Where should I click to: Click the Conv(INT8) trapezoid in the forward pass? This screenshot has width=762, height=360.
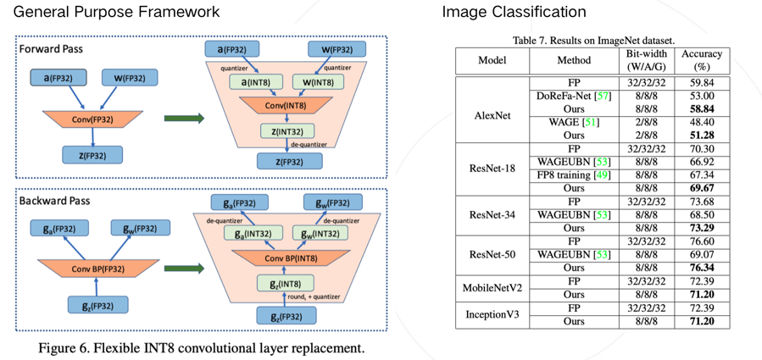pyautogui.click(x=286, y=105)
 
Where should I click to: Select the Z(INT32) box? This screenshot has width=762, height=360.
pyautogui.click(x=286, y=131)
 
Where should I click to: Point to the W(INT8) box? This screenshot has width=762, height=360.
pyautogui.click(x=319, y=81)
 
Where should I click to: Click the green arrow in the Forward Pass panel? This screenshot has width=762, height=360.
pyautogui.click(x=184, y=118)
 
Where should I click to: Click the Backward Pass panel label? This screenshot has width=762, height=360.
pyautogui.click(x=56, y=202)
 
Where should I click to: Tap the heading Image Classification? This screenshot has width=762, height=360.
pyautogui.click(x=514, y=12)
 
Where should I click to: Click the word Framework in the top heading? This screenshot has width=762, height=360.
pyautogui.click(x=178, y=12)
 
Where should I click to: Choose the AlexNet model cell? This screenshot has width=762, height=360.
pyautogui.click(x=492, y=115)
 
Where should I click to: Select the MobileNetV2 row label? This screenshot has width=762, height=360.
pyautogui.click(x=492, y=287)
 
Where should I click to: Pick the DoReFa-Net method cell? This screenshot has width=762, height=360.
pyautogui.click(x=573, y=97)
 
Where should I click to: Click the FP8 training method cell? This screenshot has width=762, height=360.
pyautogui.click(x=573, y=174)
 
